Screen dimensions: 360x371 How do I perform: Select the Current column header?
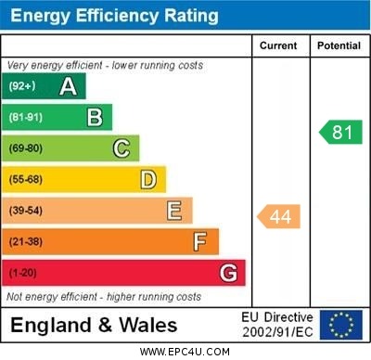[x=278, y=45]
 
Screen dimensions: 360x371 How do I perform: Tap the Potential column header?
[x=339, y=45]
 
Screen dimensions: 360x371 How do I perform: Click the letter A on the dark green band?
[x=68, y=86]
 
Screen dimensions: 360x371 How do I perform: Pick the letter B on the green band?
[x=95, y=117]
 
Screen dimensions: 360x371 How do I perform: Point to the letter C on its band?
[x=121, y=148]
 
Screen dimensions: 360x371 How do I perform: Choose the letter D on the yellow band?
[x=147, y=179]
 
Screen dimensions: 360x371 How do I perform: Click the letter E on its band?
[x=173, y=211]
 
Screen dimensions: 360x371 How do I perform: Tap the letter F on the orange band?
[x=199, y=241]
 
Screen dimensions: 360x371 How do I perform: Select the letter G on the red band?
[x=228, y=273]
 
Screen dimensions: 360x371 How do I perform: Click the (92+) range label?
[x=23, y=86]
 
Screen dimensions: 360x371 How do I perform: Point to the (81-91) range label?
[x=27, y=117]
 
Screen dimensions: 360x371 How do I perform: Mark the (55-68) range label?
[x=27, y=179]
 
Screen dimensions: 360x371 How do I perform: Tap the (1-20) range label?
[x=24, y=273]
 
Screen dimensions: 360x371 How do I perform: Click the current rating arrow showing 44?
[x=279, y=216]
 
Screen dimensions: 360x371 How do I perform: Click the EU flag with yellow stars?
[x=341, y=325]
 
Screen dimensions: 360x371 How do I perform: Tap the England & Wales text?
[x=94, y=326]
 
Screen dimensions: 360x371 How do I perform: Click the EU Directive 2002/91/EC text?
[x=278, y=325]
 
